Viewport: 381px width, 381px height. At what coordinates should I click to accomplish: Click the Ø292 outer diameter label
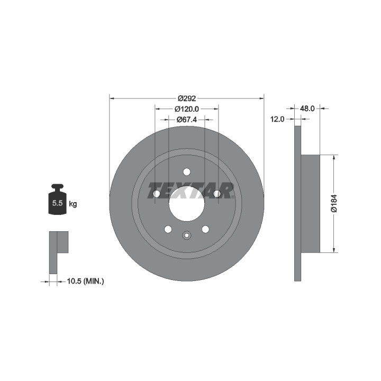[187, 98]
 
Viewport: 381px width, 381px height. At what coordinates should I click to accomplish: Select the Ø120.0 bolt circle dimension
[187, 109]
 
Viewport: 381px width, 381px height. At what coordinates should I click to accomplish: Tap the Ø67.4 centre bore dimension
[187, 120]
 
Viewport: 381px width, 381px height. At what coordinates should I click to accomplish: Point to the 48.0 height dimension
[307, 108]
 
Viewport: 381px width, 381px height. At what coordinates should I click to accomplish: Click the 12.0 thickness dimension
[277, 119]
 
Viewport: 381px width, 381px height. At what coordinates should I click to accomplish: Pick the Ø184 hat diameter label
[334, 204]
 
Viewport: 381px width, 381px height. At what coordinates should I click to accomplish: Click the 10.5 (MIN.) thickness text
[85, 282]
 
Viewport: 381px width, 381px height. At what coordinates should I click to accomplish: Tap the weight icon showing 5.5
[57, 199]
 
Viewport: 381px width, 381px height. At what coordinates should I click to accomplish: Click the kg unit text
[73, 204]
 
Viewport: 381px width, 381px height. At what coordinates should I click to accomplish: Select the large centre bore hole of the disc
[187, 204]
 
